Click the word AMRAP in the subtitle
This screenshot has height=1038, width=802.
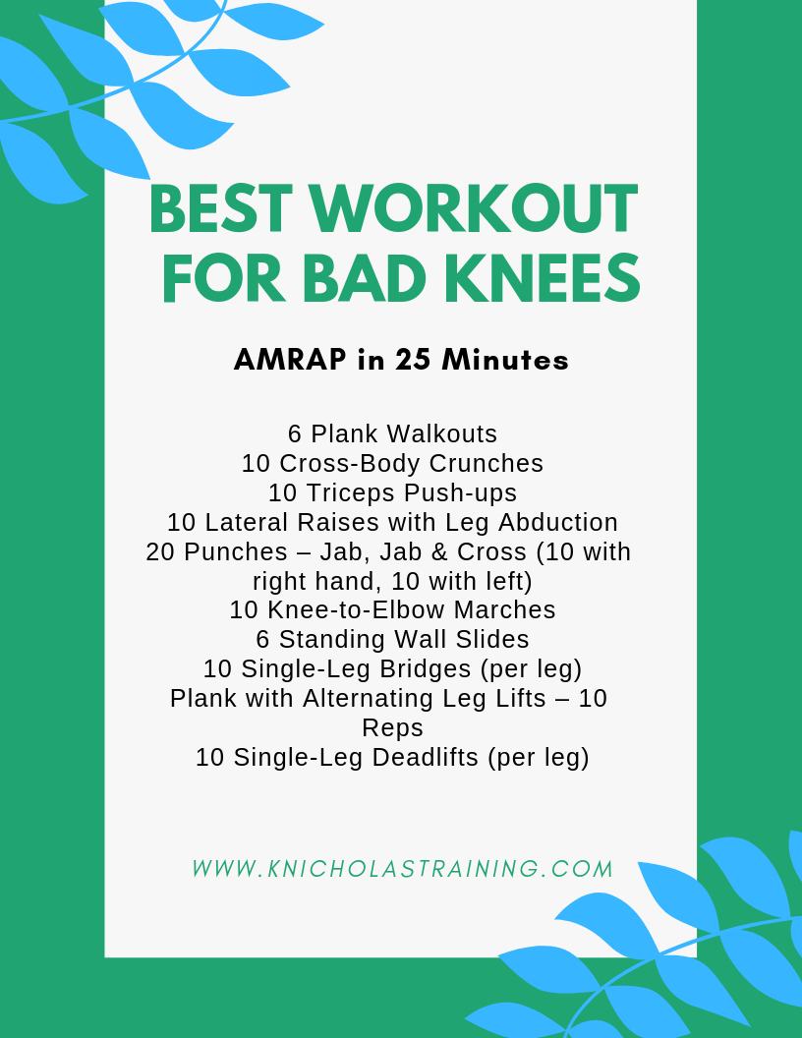click(290, 361)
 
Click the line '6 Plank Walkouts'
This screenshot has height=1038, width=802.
click(392, 433)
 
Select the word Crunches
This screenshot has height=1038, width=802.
click(489, 463)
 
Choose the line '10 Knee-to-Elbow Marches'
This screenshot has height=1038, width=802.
click(392, 610)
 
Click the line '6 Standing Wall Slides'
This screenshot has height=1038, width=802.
click(392, 640)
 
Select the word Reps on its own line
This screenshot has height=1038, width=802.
click(392, 728)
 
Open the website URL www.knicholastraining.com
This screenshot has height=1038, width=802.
click(402, 869)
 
